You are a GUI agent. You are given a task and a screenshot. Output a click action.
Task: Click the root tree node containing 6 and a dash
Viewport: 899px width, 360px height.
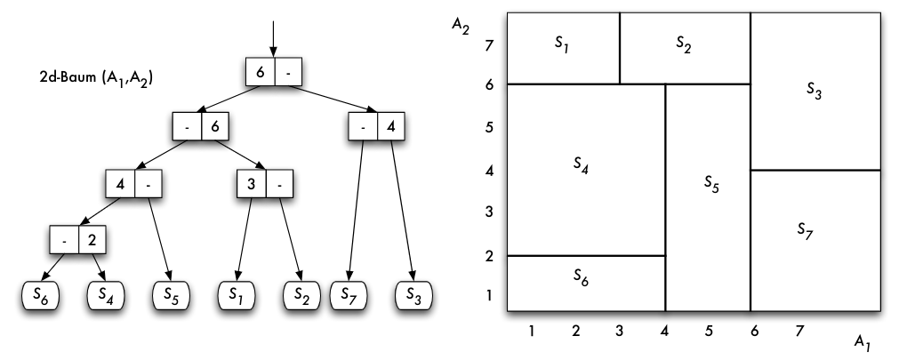coord(274,71)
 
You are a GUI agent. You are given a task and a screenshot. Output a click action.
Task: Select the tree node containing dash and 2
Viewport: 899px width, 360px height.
coord(77,241)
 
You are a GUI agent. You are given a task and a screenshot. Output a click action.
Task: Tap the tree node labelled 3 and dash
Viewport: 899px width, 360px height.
coord(264,185)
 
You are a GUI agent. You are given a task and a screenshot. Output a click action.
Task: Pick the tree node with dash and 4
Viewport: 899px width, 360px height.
coord(376,127)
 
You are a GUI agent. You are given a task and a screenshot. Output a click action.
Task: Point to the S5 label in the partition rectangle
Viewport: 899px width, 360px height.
coord(711,183)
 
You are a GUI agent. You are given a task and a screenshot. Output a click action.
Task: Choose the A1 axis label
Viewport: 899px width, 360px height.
coord(860,340)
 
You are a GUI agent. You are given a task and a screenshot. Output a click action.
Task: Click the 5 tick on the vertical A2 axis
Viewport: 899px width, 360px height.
coord(486,127)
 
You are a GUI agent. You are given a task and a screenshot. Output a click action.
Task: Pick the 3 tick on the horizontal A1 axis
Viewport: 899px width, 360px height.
coord(620,331)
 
